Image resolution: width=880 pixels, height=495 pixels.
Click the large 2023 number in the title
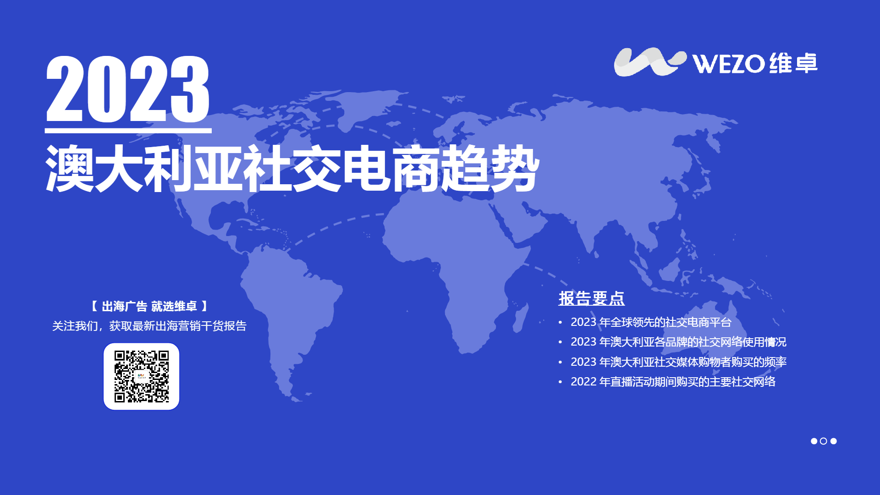click(x=128, y=89)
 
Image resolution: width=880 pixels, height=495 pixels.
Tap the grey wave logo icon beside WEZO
click(x=650, y=62)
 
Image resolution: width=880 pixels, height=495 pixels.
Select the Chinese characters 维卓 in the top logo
click(x=793, y=63)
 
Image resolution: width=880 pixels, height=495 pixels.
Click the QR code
click(x=142, y=376)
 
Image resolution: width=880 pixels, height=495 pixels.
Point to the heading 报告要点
click(x=591, y=298)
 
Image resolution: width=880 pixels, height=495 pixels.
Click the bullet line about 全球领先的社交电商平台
click(x=651, y=322)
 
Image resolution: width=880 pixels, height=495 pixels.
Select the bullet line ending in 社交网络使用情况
click(x=678, y=342)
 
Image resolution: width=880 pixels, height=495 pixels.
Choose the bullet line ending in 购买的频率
click(x=678, y=362)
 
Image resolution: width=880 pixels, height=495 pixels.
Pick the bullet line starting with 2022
click(x=673, y=382)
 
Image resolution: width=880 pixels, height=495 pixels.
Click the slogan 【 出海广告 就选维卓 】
click(x=149, y=306)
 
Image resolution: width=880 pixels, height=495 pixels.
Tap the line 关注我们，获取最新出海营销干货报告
click(x=149, y=326)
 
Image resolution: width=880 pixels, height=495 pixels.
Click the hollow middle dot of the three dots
click(x=824, y=441)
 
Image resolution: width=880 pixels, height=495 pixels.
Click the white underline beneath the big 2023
click(x=128, y=131)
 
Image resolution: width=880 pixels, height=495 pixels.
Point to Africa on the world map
click(x=454, y=266)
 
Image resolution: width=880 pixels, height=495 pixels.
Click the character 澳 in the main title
click(x=70, y=168)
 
